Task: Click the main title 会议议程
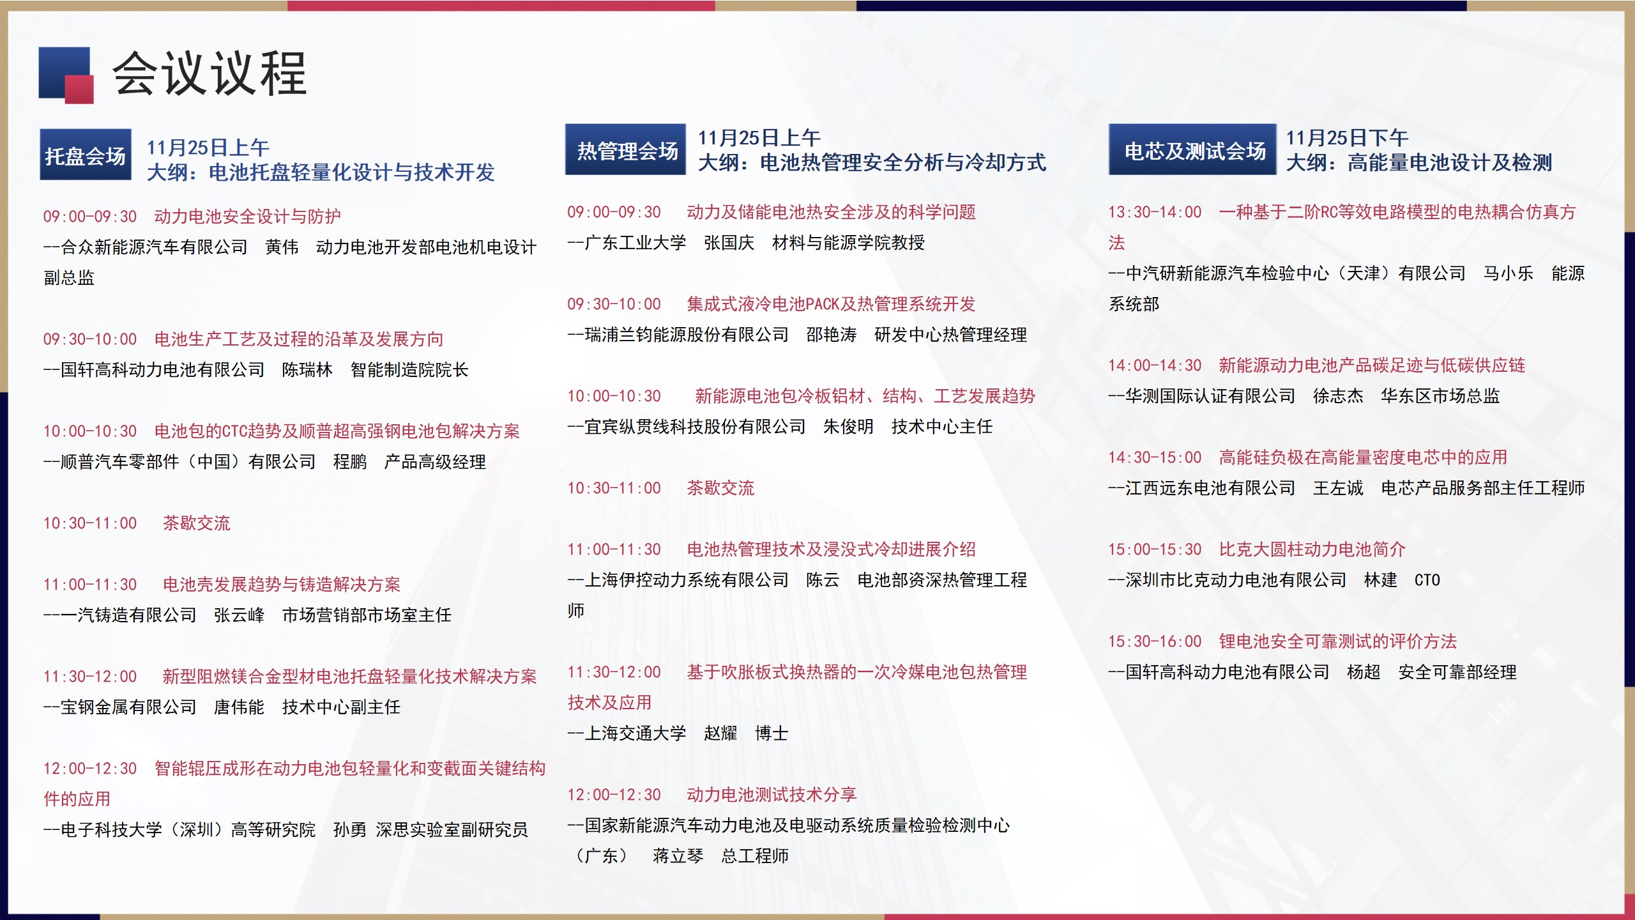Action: [209, 73]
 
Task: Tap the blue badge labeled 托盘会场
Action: [86, 155]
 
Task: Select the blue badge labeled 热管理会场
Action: [625, 149]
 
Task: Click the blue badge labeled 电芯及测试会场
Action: [1192, 149]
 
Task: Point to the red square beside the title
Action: [79, 89]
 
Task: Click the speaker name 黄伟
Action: [282, 247]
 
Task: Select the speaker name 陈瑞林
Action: [307, 370]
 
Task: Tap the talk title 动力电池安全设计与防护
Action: [248, 217]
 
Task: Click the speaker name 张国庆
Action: [729, 243]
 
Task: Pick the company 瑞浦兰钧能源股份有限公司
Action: [687, 335]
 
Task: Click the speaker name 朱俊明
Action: [848, 427]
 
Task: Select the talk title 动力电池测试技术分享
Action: [772, 795]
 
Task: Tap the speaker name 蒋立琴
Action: [678, 856]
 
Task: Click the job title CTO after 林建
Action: [1427, 580]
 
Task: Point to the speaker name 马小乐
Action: [1508, 273]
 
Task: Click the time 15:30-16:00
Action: [1155, 641]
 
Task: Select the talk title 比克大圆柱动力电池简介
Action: [1312, 549]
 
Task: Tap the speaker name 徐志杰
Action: [1338, 396]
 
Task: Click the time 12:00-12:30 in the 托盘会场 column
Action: [90, 769]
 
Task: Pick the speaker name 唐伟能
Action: [239, 707]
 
